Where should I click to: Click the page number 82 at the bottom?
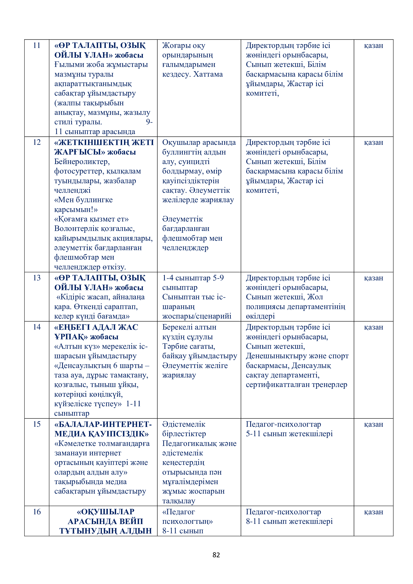216,555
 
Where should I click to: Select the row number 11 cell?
37,45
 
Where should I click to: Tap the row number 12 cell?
37,142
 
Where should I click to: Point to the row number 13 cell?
37,278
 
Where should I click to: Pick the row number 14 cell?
37,327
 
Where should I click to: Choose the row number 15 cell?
37,424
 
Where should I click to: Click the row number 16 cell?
37,512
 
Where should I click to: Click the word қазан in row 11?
373,45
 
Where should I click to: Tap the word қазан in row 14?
373,327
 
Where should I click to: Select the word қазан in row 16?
373,512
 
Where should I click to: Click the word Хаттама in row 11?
208,74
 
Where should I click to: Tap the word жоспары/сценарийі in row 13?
197,316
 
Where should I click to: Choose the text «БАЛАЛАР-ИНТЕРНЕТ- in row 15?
103,424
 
